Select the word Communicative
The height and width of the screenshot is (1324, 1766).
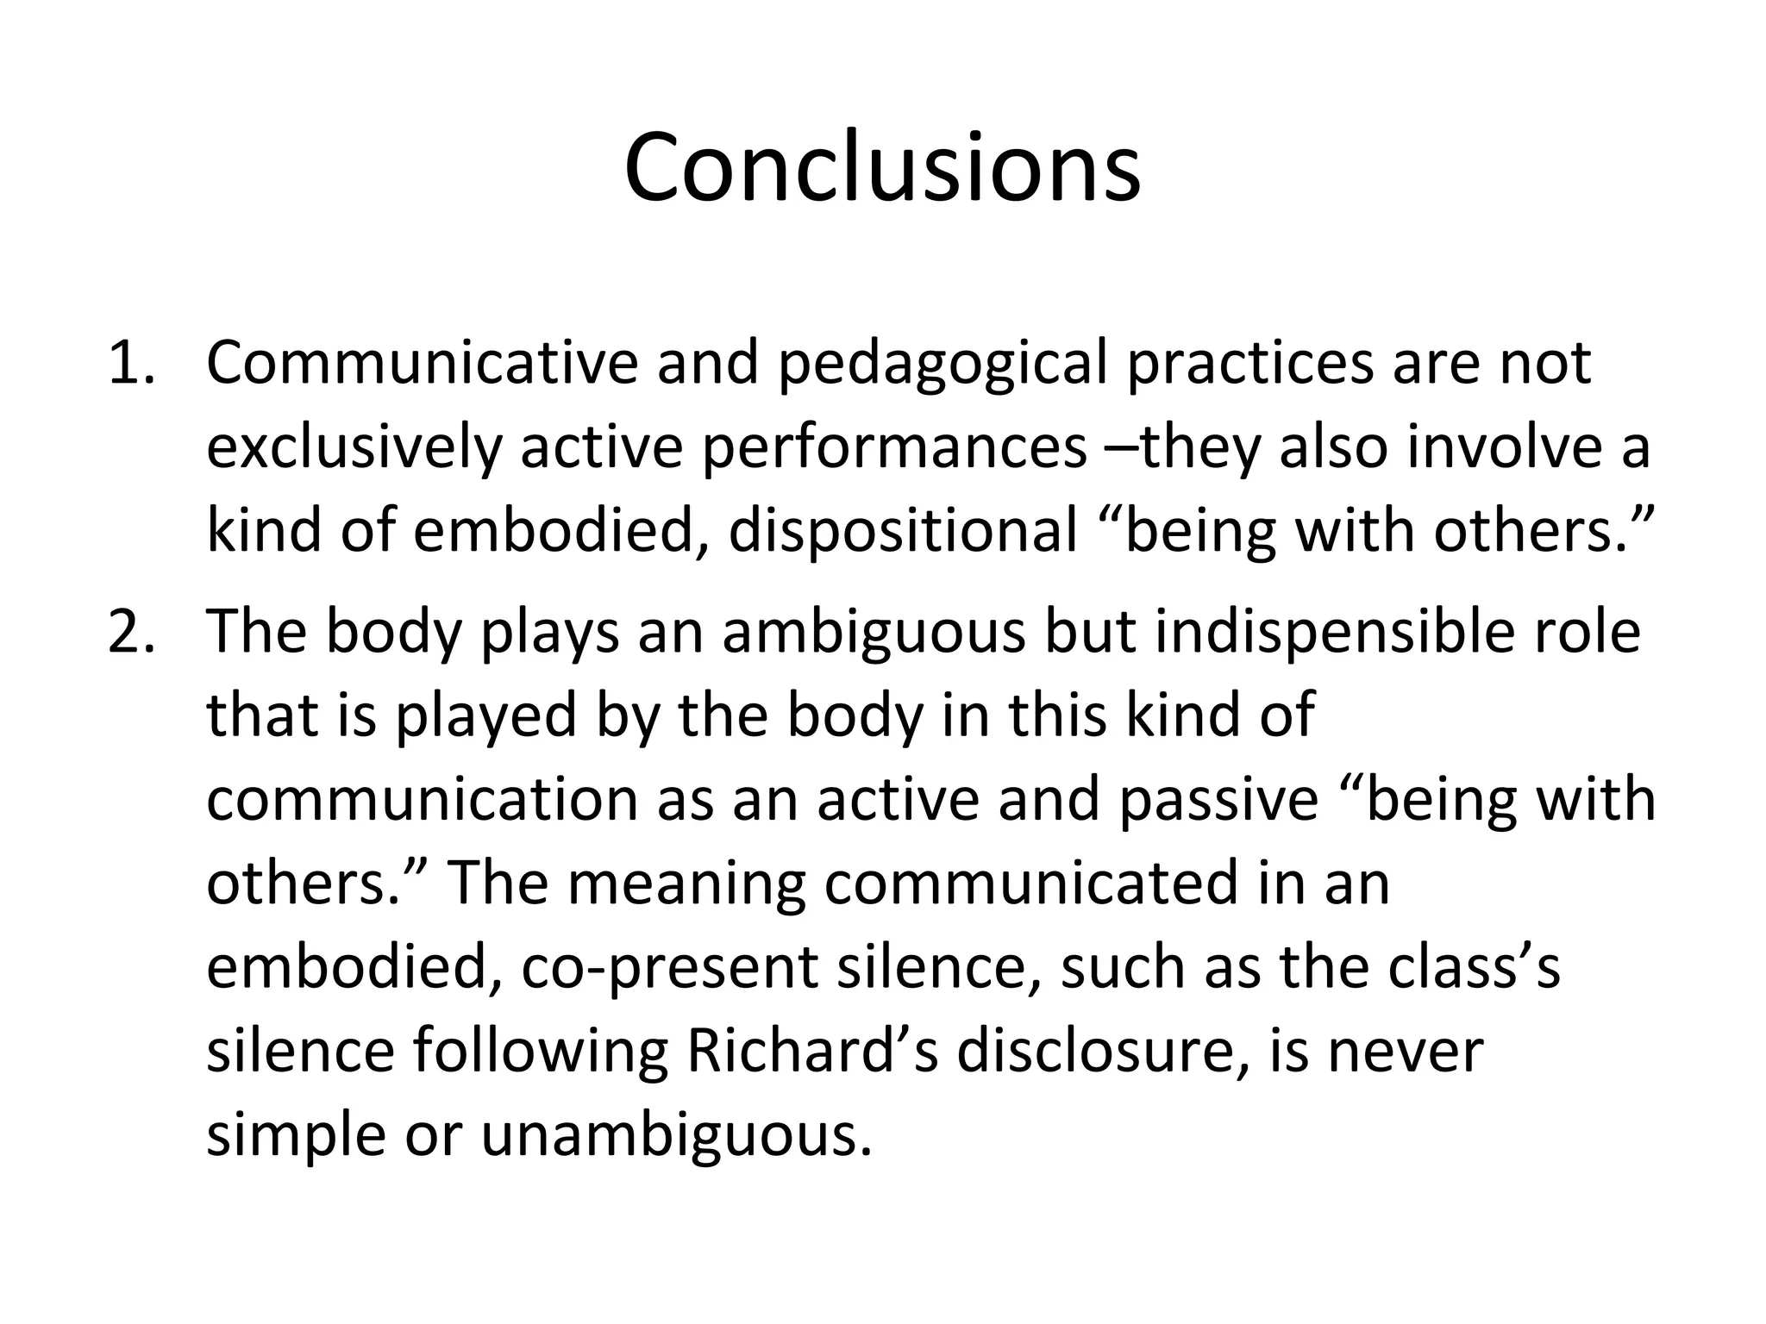tap(421, 364)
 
